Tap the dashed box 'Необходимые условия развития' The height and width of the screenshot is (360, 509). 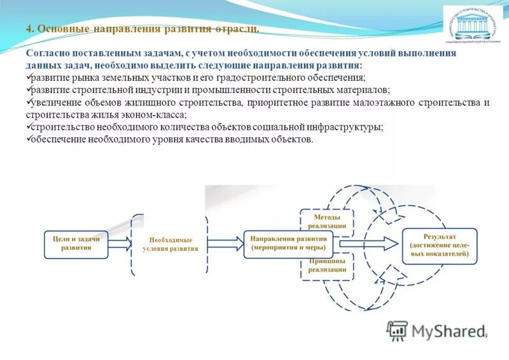[x=170, y=244]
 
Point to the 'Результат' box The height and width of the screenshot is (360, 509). [x=440, y=244]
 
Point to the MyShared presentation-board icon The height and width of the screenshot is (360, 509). [x=397, y=330]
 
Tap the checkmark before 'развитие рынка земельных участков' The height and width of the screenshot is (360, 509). [x=28, y=78]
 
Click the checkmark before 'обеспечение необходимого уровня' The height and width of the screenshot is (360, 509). [x=28, y=139]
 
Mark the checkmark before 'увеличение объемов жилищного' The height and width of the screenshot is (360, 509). [x=28, y=102]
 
